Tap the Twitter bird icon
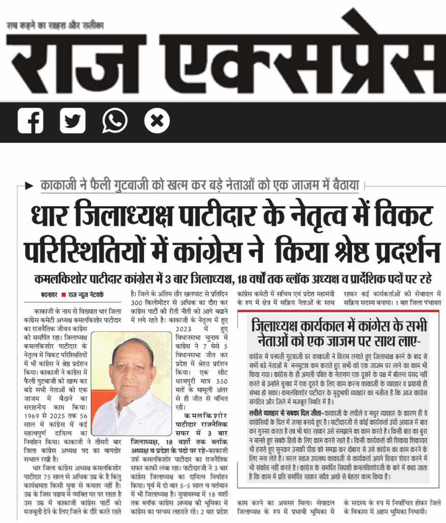(72, 122)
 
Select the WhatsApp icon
(115, 122)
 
